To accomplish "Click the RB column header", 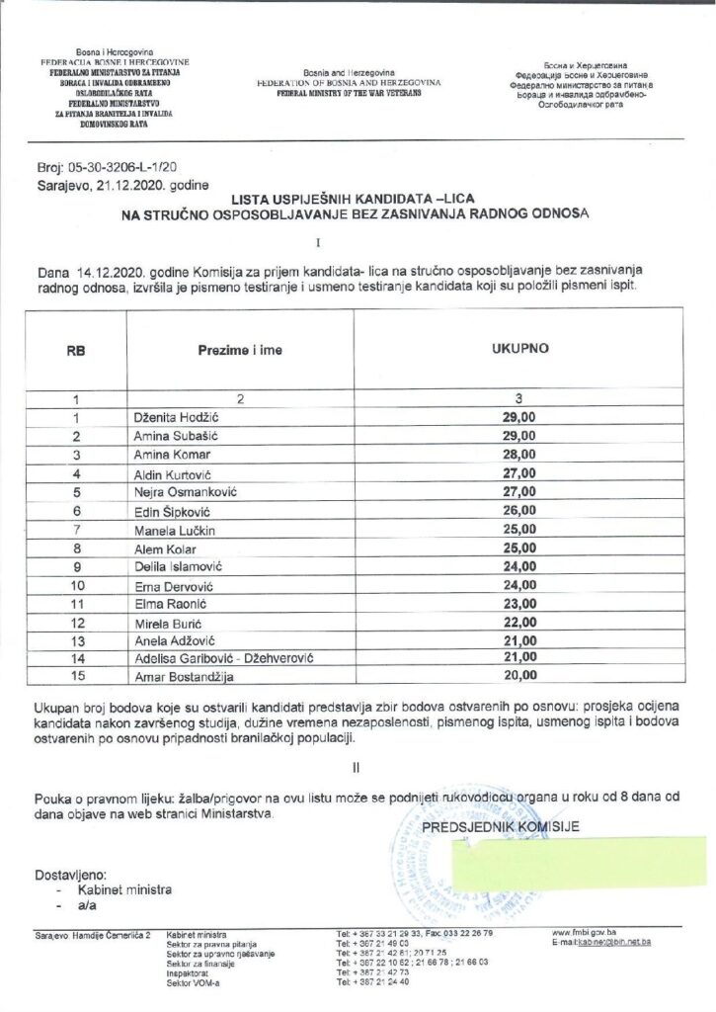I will point(75,350).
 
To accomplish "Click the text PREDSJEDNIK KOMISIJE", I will point(501,826).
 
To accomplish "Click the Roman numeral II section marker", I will point(358,765).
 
